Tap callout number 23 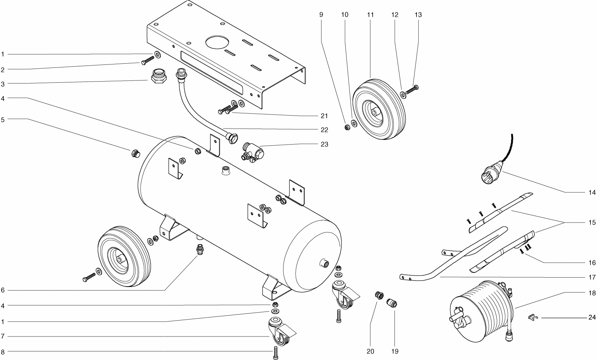click(324, 144)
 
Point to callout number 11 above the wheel click(370, 15)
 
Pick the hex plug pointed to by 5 click(136, 153)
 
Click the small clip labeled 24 click(533, 318)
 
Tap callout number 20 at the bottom click(370, 351)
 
